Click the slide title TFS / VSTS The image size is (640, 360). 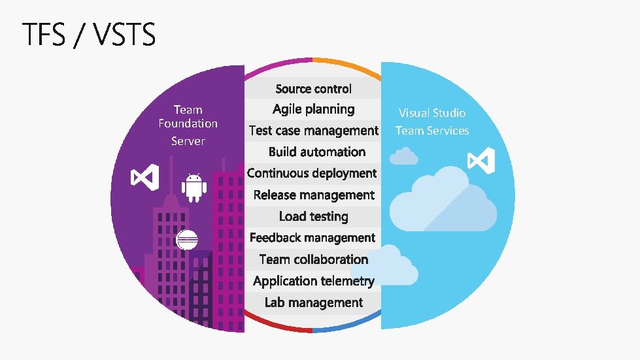click(90, 35)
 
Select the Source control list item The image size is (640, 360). click(313, 89)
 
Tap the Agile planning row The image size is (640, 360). click(313, 109)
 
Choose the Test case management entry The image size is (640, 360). click(313, 131)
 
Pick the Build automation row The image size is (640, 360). click(316, 152)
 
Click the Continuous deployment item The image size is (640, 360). click(312, 173)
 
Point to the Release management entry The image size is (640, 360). click(314, 195)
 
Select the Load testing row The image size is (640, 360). click(313, 216)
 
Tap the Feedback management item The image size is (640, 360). click(312, 238)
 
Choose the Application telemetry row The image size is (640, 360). click(313, 281)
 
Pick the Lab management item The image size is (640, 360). click(313, 303)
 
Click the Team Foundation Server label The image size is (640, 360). click(188, 125)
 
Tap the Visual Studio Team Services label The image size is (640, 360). click(432, 122)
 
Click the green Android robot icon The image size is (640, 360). click(194, 188)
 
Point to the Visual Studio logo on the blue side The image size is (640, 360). click(481, 160)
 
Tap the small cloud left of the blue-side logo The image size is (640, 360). click(403, 156)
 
